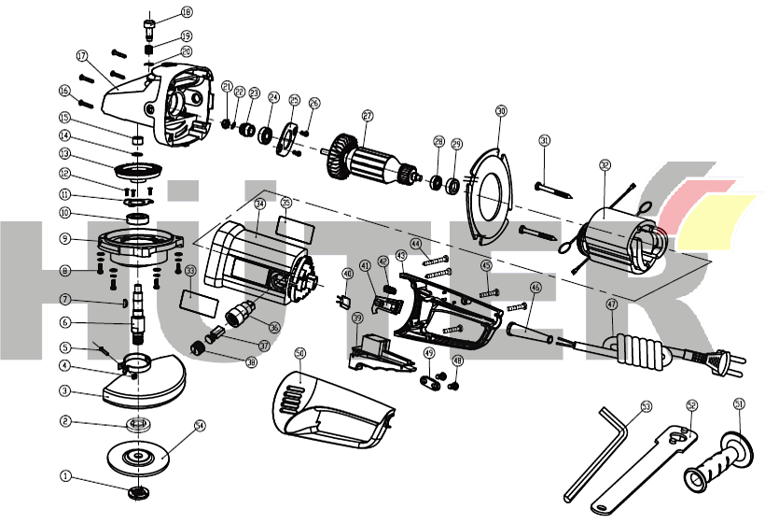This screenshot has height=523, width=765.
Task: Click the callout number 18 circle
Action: pos(187,12)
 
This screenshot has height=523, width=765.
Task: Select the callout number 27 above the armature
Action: pos(368,117)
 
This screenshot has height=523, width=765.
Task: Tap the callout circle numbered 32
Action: pos(605,165)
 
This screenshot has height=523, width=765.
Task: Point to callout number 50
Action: pos(299,354)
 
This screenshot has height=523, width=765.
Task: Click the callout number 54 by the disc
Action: pos(199,425)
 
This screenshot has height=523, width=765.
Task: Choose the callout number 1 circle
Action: pos(65,475)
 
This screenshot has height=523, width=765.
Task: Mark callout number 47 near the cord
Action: pos(611,304)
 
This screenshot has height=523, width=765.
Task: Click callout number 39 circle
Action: pos(356,318)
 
